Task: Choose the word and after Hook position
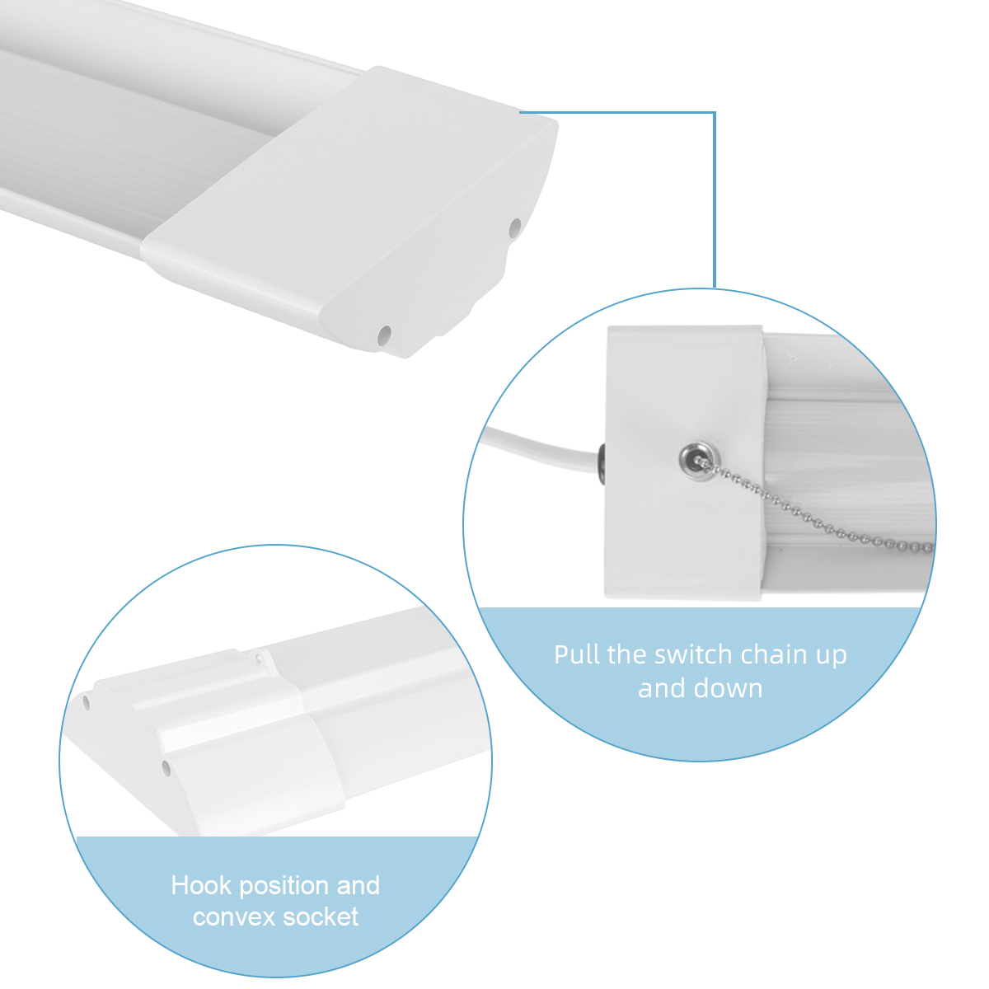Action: tap(359, 885)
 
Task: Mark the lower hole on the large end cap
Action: tap(384, 334)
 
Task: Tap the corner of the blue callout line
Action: tap(715, 113)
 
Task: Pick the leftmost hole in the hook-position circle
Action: tap(87, 703)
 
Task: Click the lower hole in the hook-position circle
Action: tap(166, 768)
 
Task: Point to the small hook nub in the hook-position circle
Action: tap(258, 657)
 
